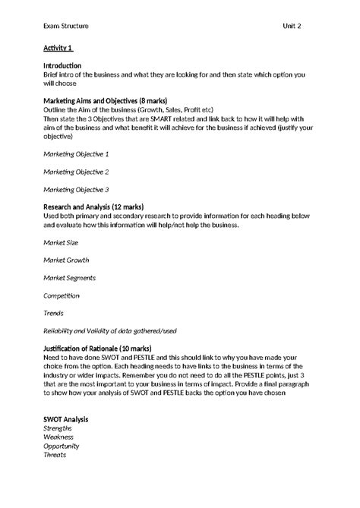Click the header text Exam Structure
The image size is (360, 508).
coord(66,26)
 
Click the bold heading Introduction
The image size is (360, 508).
coord(62,66)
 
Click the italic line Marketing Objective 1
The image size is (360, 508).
coord(76,153)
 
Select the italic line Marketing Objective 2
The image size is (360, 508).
coord(76,172)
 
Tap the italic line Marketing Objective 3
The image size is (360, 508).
coord(76,189)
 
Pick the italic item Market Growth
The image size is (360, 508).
coord(66,260)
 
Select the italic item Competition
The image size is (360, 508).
coord(62,295)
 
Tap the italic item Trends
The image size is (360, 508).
coord(53,313)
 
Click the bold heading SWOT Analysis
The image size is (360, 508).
coord(66,419)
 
